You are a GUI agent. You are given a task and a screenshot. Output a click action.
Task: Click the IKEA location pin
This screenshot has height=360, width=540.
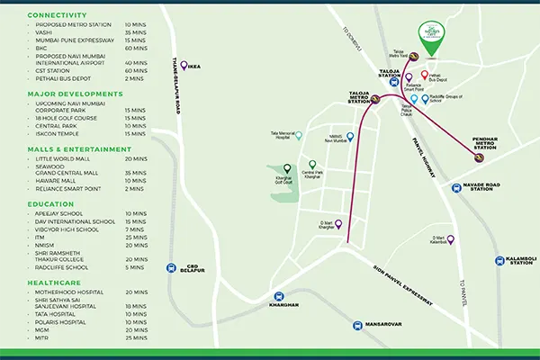pyautogui.click(x=184, y=65)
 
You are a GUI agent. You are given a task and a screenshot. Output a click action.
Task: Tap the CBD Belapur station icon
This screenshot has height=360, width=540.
pyautogui.click(x=171, y=267)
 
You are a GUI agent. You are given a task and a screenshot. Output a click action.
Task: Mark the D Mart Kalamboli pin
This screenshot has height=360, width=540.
pyautogui.click(x=450, y=239)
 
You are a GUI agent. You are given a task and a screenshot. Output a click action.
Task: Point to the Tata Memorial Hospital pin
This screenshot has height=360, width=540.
pyautogui.click(x=299, y=136)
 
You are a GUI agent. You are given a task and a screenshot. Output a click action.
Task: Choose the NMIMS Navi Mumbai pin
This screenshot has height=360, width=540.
pyautogui.click(x=350, y=137)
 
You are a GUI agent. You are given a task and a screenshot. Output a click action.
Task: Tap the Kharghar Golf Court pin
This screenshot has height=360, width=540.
pyautogui.click(x=287, y=168)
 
